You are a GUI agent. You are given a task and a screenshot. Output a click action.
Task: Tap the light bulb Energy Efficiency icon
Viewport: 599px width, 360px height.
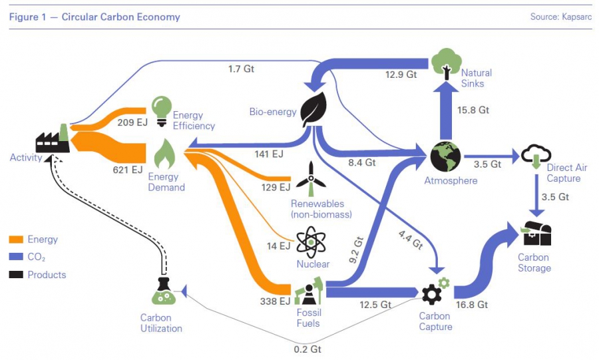161,109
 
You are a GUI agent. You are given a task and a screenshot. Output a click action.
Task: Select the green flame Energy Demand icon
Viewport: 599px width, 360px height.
164,155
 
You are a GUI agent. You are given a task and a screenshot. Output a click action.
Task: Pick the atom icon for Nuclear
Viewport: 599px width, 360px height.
309,243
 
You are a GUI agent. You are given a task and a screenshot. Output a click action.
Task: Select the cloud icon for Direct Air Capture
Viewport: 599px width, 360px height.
535,156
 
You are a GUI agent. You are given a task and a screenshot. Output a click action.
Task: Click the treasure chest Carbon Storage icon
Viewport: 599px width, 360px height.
536,234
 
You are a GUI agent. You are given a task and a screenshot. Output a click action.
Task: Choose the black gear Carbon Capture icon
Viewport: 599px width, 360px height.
432,293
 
